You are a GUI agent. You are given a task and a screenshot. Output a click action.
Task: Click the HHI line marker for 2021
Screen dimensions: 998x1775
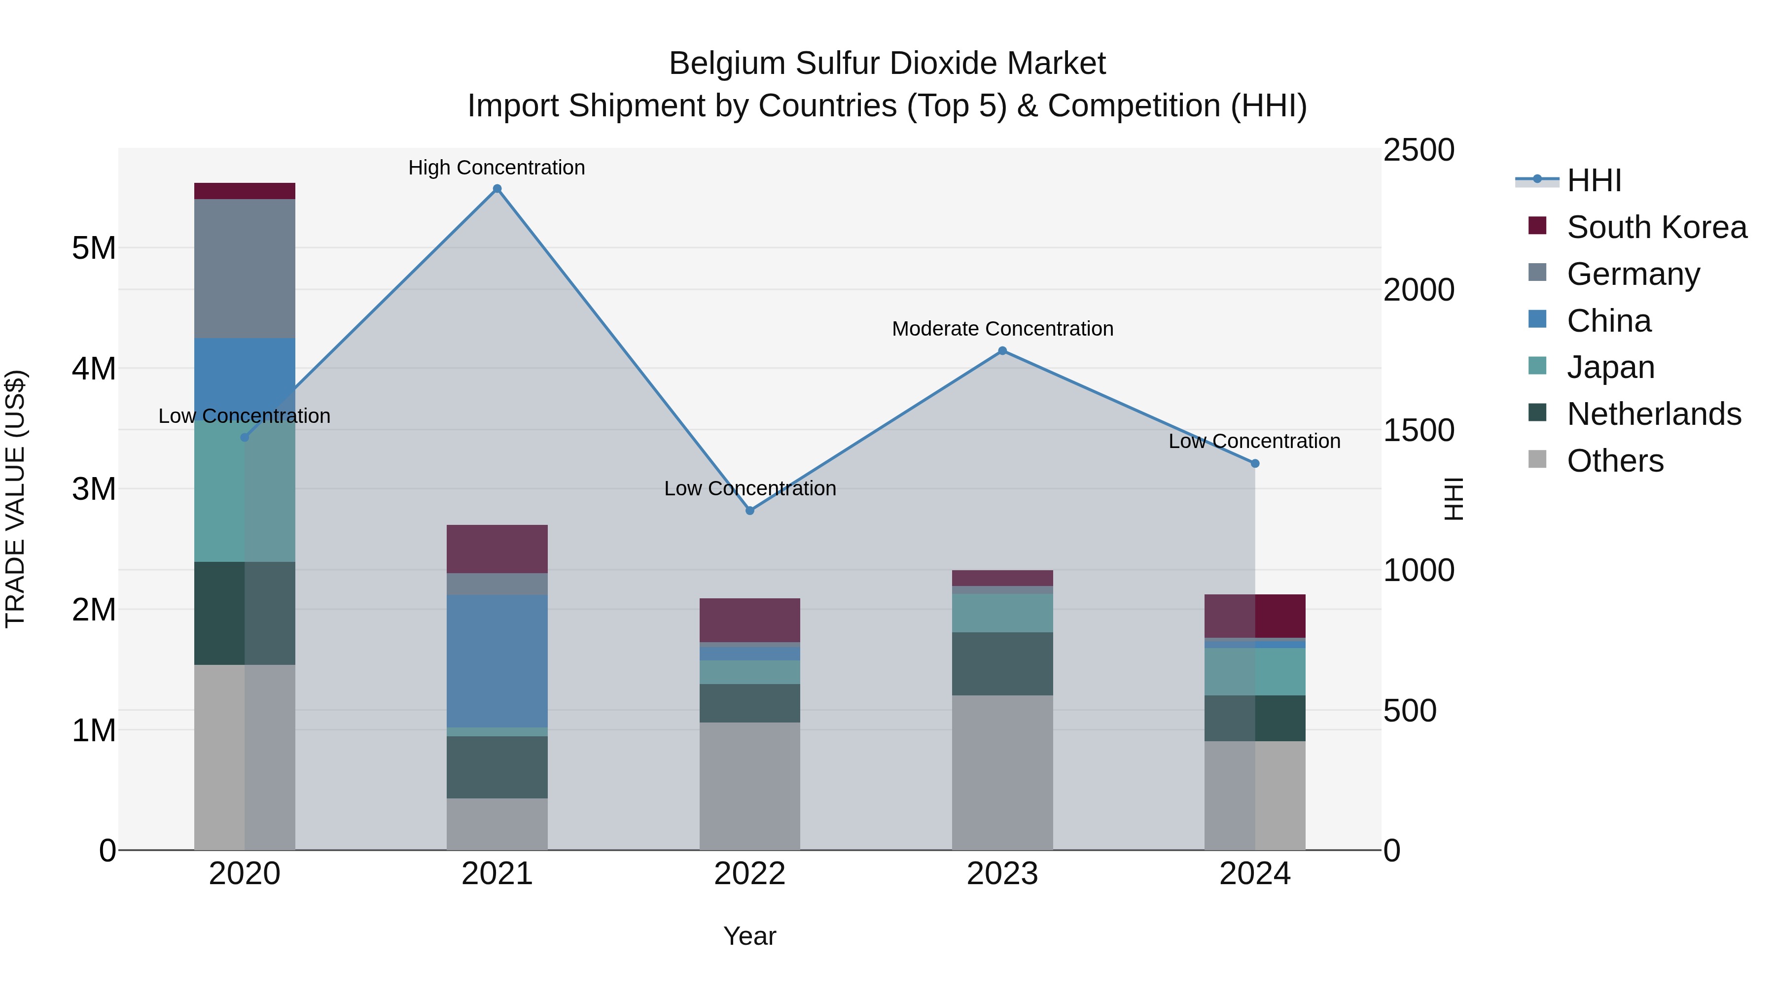pyautogui.click(x=497, y=189)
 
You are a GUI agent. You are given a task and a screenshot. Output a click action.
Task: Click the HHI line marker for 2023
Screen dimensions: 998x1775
pyautogui.click(x=1002, y=350)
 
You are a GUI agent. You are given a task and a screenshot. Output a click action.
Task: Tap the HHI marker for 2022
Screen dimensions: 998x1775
pyautogui.click(x=749, y=511)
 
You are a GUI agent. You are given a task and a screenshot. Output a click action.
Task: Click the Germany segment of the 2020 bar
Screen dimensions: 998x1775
pyautogui.click(x=245, y=268)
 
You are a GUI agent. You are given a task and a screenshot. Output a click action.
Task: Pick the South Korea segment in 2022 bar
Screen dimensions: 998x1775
pyautogui.click(x=749, y=620)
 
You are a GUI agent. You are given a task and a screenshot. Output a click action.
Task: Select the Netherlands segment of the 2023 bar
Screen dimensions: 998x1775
pyautogui.click(x=1002, y=663)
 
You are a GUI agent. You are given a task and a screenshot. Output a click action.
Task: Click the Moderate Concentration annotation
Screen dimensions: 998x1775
pyautogui.click(x=1002, y=329)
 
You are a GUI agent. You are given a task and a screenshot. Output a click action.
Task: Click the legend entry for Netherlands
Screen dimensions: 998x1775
pyautogui.click(x=1653, y=414)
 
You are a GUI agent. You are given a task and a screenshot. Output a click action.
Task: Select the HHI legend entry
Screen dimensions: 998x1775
pyautogui.click(x=1593, y=180)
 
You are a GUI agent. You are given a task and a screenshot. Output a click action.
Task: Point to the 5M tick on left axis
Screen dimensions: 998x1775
pyautogui.click(x=94, y=248)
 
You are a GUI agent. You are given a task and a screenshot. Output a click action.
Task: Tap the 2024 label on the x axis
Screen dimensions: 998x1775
pyautogui.click(x=1255, y=873)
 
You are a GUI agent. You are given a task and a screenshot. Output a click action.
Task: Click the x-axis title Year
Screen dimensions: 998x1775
pyautogui.click(x=749, y=936)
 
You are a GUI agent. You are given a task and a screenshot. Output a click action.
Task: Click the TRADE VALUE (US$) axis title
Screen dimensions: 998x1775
pyautogui.click(x=15, y=499)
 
